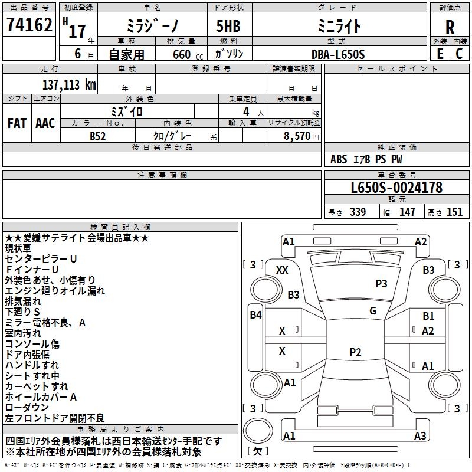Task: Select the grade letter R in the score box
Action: coord(450,27)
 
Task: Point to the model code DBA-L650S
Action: coord(338,54)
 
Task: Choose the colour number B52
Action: coord(98,136)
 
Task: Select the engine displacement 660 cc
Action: coord(179,54)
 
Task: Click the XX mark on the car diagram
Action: coord(282,270)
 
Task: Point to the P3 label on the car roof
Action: coord(381,284)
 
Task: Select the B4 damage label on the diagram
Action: coord(255,314)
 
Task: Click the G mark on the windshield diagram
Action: coord(372,311)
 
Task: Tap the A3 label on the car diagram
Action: coord(420,436)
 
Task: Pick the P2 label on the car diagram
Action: coord(355,352)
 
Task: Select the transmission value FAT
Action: coord(17,123)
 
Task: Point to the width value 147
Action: coord(407,212)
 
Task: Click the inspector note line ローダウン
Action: coord(29,408)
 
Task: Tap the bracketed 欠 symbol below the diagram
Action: coord(257,451)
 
